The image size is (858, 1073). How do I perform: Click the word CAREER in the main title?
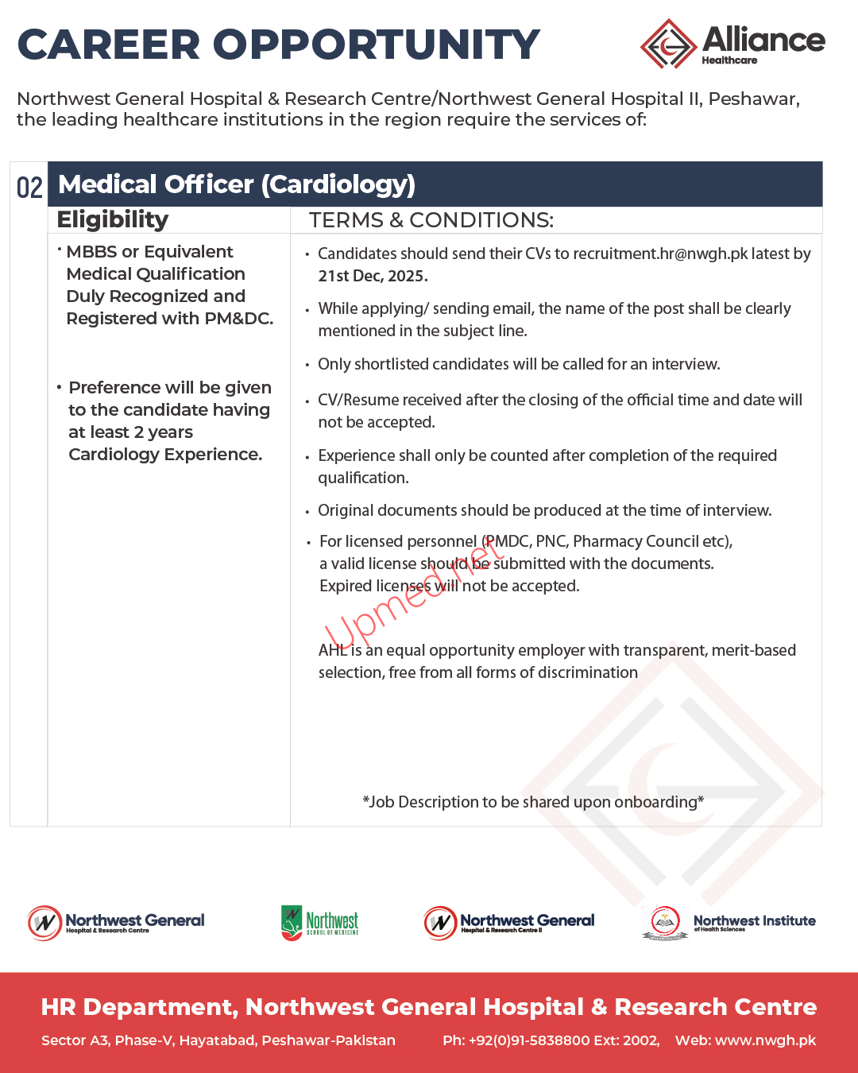click(x=110, y=45)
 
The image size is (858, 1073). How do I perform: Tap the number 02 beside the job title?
click(x=29, y=188)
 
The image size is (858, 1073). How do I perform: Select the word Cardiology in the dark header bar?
click(x=339, y=184)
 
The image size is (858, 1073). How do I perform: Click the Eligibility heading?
click(x=113, y=220)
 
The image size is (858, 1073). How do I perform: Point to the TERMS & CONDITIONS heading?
click(x=431, y=220)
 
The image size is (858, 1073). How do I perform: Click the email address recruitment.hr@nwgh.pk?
click(x=660, y=254)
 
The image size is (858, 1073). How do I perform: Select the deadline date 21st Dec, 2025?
click(x=373, y=276)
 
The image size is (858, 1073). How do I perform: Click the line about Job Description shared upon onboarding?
click(x=533, y=802)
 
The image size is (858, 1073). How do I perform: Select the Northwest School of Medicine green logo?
click(x=319, y=922)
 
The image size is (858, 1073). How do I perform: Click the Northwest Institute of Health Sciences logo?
click(x=729, y=923)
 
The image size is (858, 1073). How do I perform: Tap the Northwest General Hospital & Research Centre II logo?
click(x=508, y=923)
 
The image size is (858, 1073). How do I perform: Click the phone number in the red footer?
click(x=551, y=1040)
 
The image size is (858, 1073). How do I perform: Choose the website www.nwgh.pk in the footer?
click(x=765, y=1040)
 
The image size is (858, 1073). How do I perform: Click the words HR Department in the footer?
click(x=139, y=1007)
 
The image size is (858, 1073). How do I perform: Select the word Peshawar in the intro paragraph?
click(x=752, y=99)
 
